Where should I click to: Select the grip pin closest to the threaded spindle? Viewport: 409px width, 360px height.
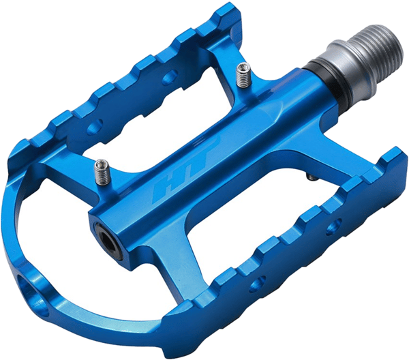coord(243,76)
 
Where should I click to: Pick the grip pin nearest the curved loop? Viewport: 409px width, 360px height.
coord(102,172)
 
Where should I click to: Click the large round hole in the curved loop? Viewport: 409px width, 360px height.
coord(33,295)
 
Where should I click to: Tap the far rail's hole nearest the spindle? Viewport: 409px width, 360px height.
coord(170,76)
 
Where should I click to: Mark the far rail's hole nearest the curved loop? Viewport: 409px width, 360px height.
coord(95,127)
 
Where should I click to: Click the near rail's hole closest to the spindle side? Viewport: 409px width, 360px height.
coord(334,226)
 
